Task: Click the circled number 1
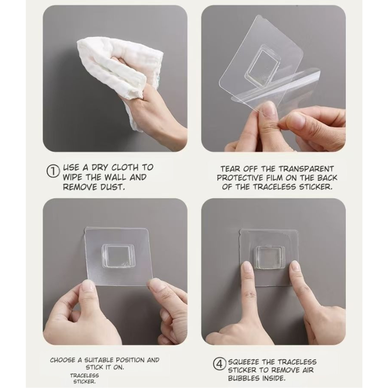coord(53,172)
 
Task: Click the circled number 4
coord(220,364)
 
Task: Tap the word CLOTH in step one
coord(125,167)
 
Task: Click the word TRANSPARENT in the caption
coord(307,169)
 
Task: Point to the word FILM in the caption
coord(274,178)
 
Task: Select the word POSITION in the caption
coord(130,360)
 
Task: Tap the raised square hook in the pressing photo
coord(269,257)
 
